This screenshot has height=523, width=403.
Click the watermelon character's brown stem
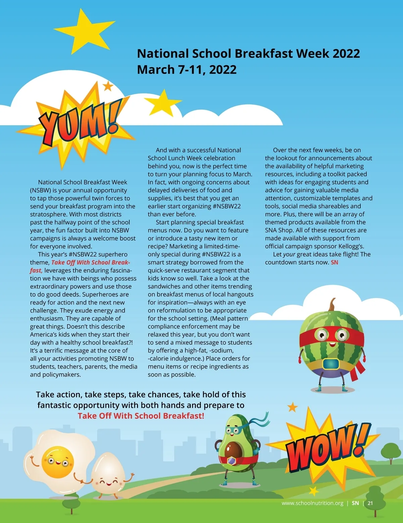332,305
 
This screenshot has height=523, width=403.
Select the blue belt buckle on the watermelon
331,364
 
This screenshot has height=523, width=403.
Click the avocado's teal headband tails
259,420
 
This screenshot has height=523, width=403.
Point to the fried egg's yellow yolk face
57,462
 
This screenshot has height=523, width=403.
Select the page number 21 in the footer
370,503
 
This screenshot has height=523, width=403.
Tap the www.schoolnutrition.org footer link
312,503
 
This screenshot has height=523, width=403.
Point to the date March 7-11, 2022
187,70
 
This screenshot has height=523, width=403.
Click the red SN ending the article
334,263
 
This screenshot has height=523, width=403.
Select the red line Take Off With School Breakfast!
141,416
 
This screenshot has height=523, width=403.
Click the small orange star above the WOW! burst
293,407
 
